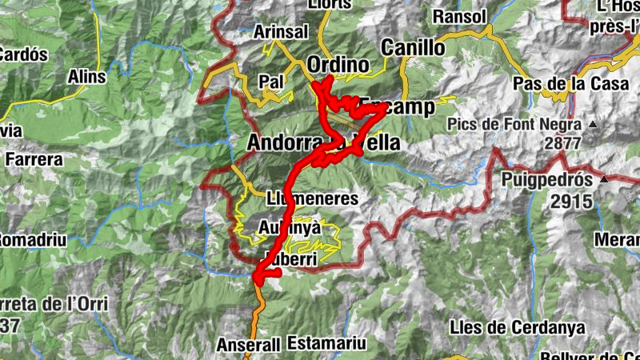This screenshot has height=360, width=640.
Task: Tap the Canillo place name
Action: coord(413,47)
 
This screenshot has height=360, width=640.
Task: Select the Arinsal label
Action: coord(280,32)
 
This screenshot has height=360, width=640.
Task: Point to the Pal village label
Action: coord(272,81)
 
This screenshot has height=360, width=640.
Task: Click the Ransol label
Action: coord(459,16)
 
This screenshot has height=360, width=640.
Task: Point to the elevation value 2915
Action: coord(571,202)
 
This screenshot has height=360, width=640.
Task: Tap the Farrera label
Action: coord(34,159)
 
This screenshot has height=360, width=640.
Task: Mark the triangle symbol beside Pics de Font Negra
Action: coord(593,125)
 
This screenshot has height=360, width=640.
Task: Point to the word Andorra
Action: coord(282,143)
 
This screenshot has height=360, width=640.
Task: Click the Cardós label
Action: coord(22,55)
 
